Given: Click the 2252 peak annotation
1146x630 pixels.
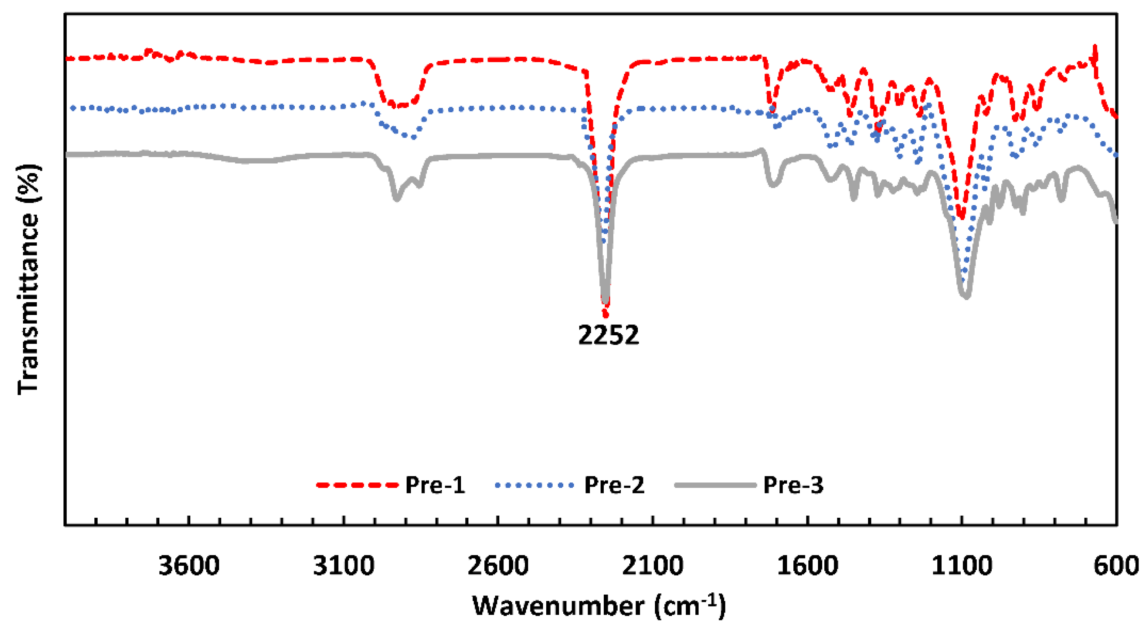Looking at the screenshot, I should coord(608,335).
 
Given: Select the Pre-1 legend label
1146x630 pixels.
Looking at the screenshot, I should coord(435,485).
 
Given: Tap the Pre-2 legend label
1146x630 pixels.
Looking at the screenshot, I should coord(614,485).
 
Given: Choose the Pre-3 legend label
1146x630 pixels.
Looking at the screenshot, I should coord(793,485).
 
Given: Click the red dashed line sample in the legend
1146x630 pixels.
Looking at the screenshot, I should coord(357,485).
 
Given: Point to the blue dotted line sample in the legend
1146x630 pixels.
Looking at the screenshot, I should coord(534,485).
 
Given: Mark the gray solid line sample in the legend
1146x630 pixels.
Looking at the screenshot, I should coord(715,485).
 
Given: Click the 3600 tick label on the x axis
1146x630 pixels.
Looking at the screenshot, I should coord(189,567).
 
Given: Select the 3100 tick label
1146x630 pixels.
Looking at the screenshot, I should coord(344,567).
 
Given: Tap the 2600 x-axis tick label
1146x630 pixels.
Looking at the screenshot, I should coord(498,567).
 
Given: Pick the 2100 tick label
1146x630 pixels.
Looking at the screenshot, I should coord(652,567).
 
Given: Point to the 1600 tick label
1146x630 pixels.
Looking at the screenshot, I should coord(807,567).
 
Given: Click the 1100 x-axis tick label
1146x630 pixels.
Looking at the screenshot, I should coord(962,567).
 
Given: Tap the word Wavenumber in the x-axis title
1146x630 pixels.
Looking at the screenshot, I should coord(558,606).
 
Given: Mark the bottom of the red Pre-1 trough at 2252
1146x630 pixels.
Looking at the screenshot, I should coord(605,315).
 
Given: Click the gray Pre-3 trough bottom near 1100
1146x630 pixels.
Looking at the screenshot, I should coord(966,296).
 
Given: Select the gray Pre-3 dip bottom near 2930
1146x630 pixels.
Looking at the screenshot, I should coord(397,199).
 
